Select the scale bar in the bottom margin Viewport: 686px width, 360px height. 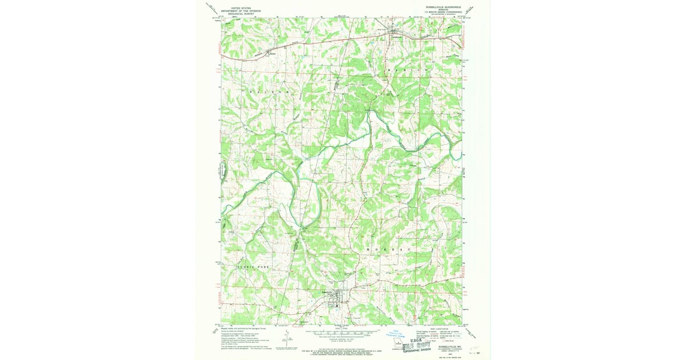click(x=342, y=331)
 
